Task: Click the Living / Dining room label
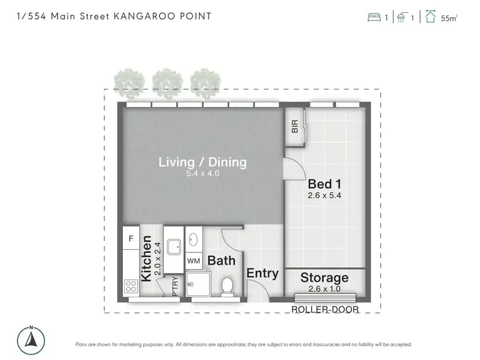coord(202,162)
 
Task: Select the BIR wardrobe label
coord(295,126)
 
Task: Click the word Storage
coord(325,277)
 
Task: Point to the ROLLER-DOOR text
coord(324,309)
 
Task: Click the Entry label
coord(262,274)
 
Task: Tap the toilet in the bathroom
coord(227,284)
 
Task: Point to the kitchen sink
coord(173,245)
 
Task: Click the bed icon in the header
coord(374,18)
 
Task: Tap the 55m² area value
coord(449,19)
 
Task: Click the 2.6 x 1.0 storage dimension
coord(325,289)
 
